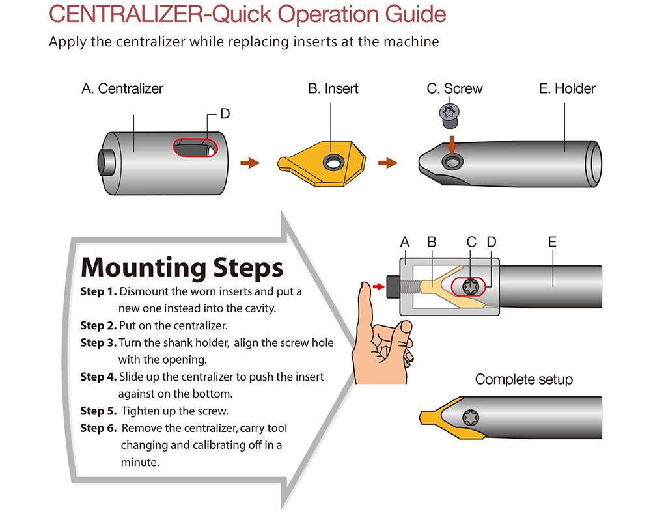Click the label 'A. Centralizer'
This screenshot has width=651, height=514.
coord(122,88)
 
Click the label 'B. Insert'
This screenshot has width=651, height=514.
coord(333,88)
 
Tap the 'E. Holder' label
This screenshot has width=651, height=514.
coord(567,88)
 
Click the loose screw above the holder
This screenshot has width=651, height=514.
coord(447,115)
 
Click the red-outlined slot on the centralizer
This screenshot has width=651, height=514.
coord(195,148)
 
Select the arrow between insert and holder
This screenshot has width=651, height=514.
coord(388,163)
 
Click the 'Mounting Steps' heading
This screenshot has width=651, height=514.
coord(182,267)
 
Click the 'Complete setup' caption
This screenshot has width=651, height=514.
coord(524,379)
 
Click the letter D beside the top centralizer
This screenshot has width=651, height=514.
coord(225,114)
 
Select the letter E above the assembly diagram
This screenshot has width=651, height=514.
coord(552,242)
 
